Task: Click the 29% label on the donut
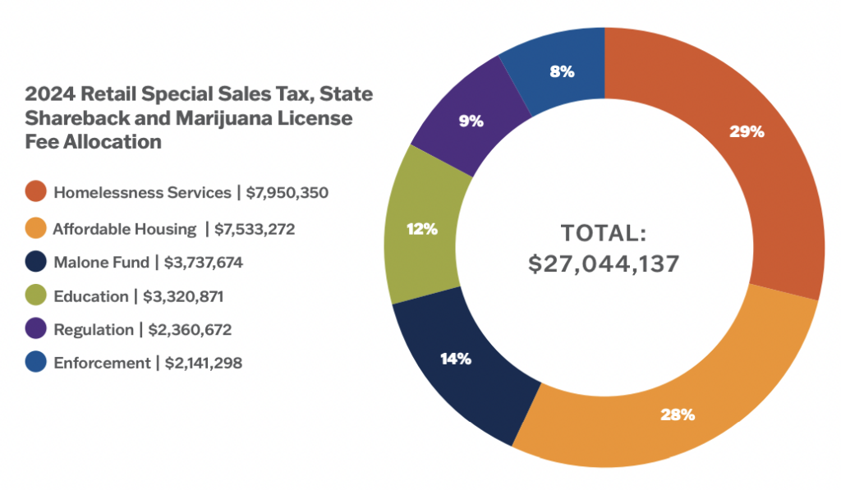click(747, 131)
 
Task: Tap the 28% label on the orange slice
click(678, 414)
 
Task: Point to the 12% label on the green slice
click(420, 229)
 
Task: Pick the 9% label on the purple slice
click(471, 121)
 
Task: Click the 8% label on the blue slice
click(562, 71)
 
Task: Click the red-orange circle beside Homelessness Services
click(35, 193)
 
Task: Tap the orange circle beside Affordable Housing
click(35, 229)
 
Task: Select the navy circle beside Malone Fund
click(35, 263)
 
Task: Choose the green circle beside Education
click(35, 296)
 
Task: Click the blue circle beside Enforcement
click(35, 363)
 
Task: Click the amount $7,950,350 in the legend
click(287, 193)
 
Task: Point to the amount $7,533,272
click(254, 229)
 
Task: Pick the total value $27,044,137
click(604, 265)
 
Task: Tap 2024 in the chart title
click(46, 94)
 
